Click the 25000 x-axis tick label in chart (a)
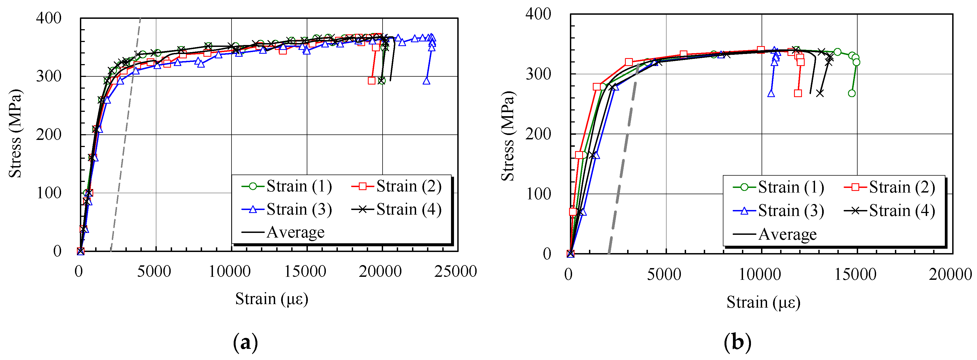click(455, 272)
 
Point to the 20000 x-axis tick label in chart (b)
click(950, 275)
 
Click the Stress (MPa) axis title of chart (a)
click(16, 134)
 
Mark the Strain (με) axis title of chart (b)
click(763, 303)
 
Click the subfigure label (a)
click(245, 343)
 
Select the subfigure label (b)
click(737, 343)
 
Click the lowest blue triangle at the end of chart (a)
click(426, 81)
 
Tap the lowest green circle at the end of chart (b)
click(852, 93)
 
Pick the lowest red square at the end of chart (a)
click(372, 81)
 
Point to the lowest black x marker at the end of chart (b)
click(820, 93)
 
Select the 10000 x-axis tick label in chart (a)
click(230, 272)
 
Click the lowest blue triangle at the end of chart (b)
click(771, 93)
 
